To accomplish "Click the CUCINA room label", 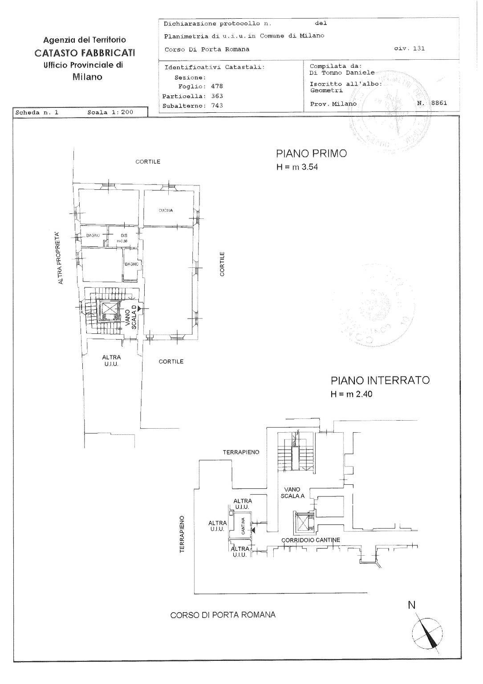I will pos(165,210).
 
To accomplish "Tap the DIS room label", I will pos(124,237).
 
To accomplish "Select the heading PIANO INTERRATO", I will pos(380,381).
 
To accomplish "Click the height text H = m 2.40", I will pos(351,394).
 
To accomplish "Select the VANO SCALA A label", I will pos(292,492).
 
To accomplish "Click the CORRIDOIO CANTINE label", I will pos(310,540).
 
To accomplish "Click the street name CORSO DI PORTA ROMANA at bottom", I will pos(223,615).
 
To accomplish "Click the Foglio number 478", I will pos(217,86).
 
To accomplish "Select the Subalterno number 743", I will pos(217,106).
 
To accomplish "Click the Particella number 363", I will pos(217,96).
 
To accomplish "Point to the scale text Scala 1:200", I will pos(110,112).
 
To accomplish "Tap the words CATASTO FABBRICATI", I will pos(85,53).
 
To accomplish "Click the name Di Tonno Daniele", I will pos(342,72).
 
